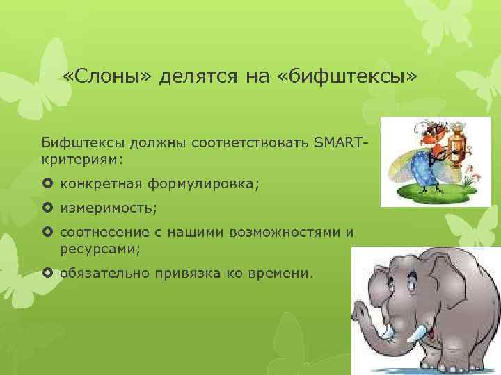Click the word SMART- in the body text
(341, 144)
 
